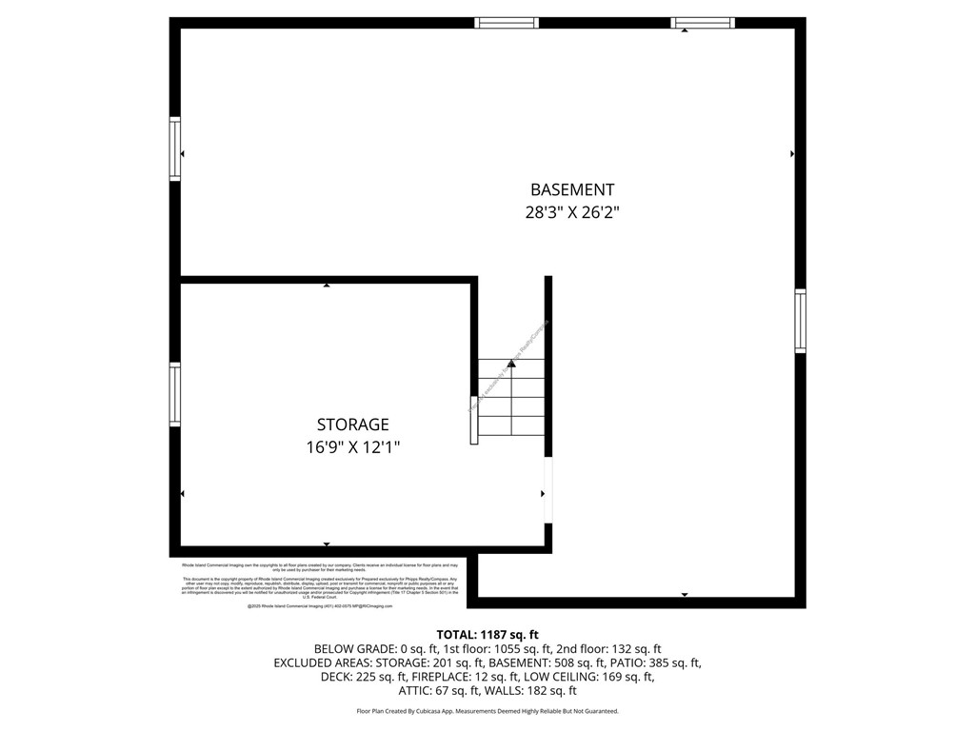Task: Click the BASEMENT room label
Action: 572,189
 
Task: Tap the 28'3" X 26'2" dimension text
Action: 572,213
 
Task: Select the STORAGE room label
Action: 352,425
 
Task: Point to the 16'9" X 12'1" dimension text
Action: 352,447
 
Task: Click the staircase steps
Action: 511,399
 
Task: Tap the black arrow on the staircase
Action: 511,364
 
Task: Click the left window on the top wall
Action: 507,23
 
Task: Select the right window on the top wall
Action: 703,23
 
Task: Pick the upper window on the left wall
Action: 175,148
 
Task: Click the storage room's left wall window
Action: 175,394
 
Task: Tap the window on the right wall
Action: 800,321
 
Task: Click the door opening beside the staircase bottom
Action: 547,489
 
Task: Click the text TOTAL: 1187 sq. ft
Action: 487,634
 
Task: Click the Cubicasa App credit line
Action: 487,711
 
